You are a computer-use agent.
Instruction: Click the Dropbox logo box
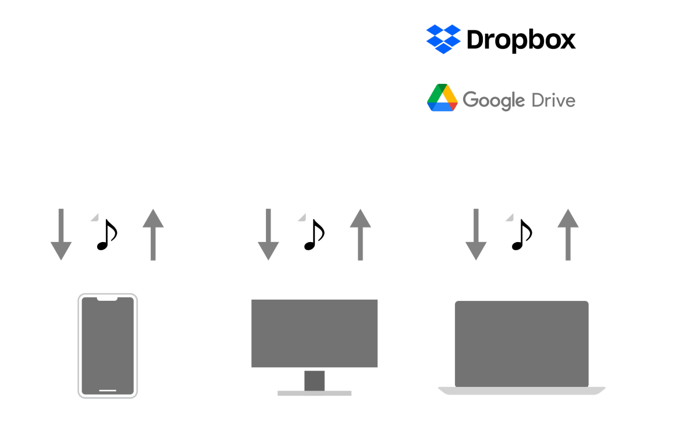click(x=501, y=39)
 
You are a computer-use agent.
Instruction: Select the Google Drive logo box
click(x=501, y=99)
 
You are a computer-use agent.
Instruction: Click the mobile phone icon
click(x=108, y=346)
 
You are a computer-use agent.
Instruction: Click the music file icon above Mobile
click(x=107, y=234)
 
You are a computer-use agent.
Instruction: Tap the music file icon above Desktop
click(x=314, y=234)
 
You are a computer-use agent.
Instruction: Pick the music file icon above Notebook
click(x=522, y=234)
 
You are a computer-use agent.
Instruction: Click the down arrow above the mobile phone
click(x=61, y=235)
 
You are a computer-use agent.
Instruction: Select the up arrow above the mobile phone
click(x=153, y=235)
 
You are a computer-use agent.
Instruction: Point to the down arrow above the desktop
click(x=268, y=235)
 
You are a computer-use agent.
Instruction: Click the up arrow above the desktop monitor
click(x=360, y=235)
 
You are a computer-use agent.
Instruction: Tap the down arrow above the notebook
click(x=476, y=235)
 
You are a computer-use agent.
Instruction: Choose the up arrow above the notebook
click(x=568, y=235)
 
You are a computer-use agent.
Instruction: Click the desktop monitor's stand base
click(x=314, y=393)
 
